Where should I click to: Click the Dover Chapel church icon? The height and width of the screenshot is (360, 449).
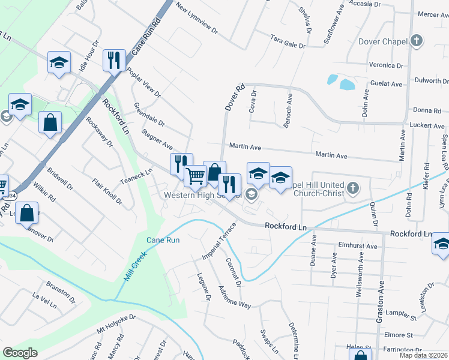point(417,41)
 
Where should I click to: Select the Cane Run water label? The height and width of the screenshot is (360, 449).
point(163,240)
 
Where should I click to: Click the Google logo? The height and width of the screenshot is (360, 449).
point(20,352)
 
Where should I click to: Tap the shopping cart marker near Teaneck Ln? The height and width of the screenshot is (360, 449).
point(196,176)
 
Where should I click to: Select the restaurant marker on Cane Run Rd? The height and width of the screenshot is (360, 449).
point(113,60)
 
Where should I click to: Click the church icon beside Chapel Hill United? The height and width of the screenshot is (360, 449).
point(354,188)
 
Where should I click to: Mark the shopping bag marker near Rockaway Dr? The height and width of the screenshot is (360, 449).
point(50,122)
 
